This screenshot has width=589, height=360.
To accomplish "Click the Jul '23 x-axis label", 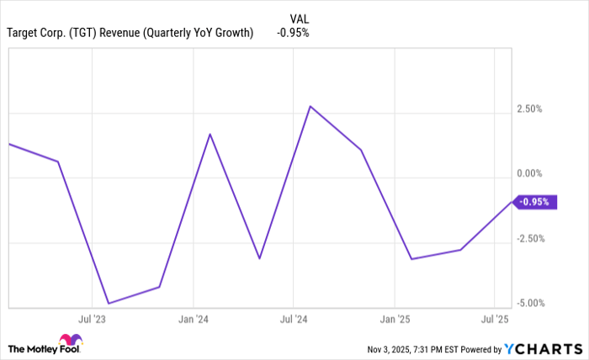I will [x=92, y=320].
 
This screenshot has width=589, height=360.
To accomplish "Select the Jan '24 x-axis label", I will [x=193, y=320].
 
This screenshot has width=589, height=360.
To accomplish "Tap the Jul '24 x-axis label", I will [x=294, y=320].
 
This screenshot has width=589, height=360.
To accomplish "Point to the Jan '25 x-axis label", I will [x=394, y=320].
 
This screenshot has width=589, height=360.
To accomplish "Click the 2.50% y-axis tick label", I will [x=529, y=109].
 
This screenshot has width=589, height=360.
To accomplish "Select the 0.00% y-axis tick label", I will [x=529, y=174].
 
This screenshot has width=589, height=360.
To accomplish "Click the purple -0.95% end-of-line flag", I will [x=534, y=202].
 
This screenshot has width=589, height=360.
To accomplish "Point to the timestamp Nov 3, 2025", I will [x=392, y=348].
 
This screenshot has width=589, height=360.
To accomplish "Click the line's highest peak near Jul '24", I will [x=310, y=106].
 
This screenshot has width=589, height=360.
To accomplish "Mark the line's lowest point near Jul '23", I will [x=109, y=303].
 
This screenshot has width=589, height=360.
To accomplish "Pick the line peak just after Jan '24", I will [x=210, y=134].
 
